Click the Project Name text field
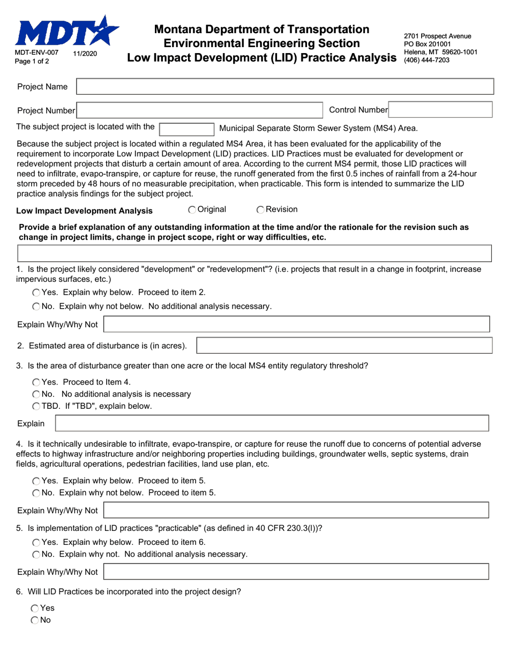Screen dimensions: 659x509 285,87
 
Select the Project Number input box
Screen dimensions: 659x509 200,110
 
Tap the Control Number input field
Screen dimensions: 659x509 440,110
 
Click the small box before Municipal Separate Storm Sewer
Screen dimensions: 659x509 187,128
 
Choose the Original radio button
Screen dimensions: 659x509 192,209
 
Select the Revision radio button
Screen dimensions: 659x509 260,209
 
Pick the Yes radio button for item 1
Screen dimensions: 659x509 36,293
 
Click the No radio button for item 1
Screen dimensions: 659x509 36,307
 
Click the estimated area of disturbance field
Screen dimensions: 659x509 344,346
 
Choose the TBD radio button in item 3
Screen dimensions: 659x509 36,406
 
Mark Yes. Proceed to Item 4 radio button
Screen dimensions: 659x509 36,383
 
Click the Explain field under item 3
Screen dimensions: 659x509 272,423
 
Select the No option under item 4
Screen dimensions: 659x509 36,493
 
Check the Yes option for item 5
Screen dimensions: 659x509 36,542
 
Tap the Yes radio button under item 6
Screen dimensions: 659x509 35,608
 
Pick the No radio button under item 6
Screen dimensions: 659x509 35,620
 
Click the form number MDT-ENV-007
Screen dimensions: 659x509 36,54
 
